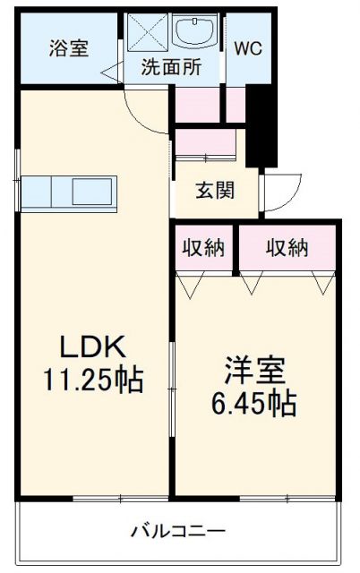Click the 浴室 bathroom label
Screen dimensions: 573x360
point(68,48)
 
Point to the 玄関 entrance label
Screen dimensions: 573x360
point(215,191)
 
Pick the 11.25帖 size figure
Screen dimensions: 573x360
point(92,380)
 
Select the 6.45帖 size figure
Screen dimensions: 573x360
point(253,404)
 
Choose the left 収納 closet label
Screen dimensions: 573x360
point(205,248)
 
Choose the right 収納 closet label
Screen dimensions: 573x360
point(287,248)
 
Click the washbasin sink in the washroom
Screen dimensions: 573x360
point(195,34)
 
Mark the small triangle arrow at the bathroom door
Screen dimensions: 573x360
point(108,71)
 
